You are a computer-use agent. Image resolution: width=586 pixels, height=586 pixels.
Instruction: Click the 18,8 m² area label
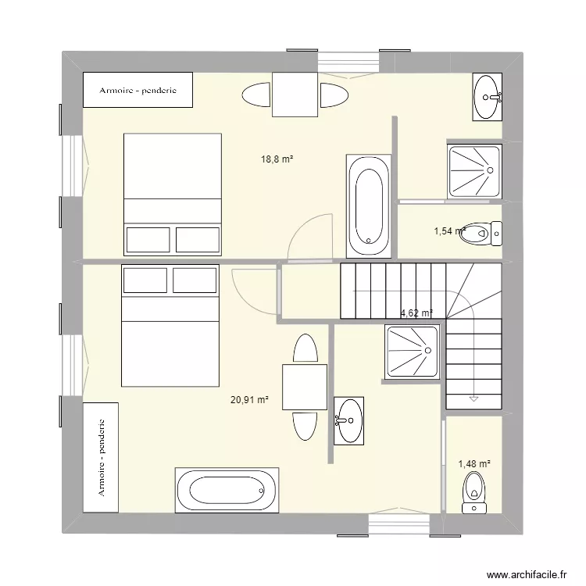[x=277, y=159]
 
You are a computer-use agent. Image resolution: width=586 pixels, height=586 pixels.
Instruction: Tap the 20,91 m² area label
[x=249, y=400]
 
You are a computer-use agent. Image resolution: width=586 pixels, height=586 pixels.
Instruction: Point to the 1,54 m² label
[x=449, y=231]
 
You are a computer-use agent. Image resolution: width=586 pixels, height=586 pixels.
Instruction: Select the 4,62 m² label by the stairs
[x=416, y=313]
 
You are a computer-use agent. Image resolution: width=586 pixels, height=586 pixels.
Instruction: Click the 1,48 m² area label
[x=473, y=464]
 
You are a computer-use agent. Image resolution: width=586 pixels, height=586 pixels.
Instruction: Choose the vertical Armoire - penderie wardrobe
[x=101, y=457]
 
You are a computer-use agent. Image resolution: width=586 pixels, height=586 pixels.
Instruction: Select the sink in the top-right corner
[x=488, y=97]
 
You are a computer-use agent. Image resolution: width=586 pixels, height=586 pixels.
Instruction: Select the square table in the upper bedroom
[x=295, y=95]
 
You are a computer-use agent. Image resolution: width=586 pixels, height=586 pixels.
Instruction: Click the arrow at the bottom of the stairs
[x=473, y=398]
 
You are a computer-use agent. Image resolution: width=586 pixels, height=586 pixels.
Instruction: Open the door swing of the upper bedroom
[x=304, y=235]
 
